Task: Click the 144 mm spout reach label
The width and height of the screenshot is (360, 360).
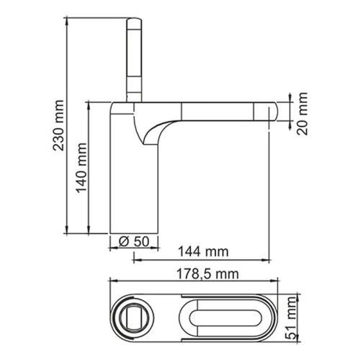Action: click(x=202, y=251)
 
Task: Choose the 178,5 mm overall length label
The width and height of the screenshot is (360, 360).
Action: click(x=207, y=274)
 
